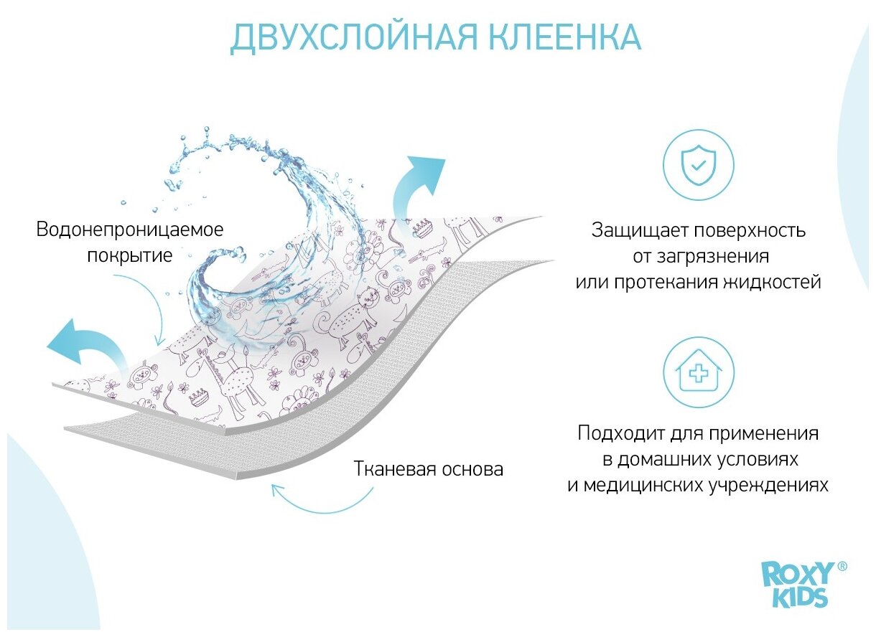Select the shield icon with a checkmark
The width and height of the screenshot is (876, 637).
pos(698,165)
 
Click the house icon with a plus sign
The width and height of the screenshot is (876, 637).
pos(698,373)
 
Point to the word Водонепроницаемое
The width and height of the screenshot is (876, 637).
pos(130,230)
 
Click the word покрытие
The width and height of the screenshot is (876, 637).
pos(130,255)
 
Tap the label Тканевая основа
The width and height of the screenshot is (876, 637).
pos(428,469)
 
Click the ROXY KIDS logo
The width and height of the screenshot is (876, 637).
pos(797,585)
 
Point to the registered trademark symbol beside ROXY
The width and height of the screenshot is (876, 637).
pos(842,566)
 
